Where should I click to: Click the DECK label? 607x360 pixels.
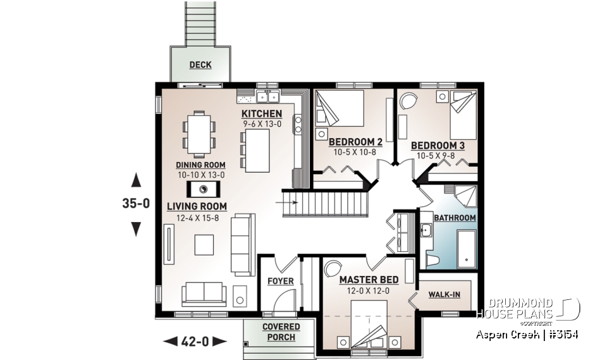tap(200, 65)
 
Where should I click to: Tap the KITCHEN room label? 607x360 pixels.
tap(262, 114)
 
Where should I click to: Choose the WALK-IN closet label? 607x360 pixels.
tap(444, 294)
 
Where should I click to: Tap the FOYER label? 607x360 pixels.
tap(280, 280)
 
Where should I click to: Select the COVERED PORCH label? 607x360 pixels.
tap(281, 332)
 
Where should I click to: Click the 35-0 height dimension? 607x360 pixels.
tap(135, 204)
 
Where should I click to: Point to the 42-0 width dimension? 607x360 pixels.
tap(195, 342)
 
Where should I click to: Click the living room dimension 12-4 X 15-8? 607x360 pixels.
tap(197, 218)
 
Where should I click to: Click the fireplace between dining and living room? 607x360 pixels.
tap(204, 189)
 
